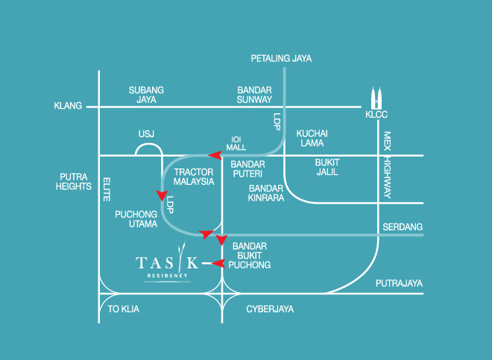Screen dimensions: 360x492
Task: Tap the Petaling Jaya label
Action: point(281,58)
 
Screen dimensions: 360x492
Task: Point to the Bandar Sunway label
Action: point(254,94)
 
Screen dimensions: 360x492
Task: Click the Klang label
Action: point(67,107)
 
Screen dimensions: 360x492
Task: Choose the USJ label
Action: point(146,134)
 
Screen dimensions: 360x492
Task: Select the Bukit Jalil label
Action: point(327,166)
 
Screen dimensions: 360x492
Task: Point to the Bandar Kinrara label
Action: point(266,193)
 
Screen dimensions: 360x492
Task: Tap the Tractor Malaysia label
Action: point(194,177)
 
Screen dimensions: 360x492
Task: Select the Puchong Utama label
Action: point(136,218)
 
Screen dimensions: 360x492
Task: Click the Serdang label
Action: point(403,227)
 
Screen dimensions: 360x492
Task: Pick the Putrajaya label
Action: point(399,283)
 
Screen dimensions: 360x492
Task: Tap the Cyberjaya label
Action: point(270,309)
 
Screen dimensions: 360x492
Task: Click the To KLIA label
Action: point(124,309)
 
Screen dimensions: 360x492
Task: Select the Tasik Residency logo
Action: point(168,265)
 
